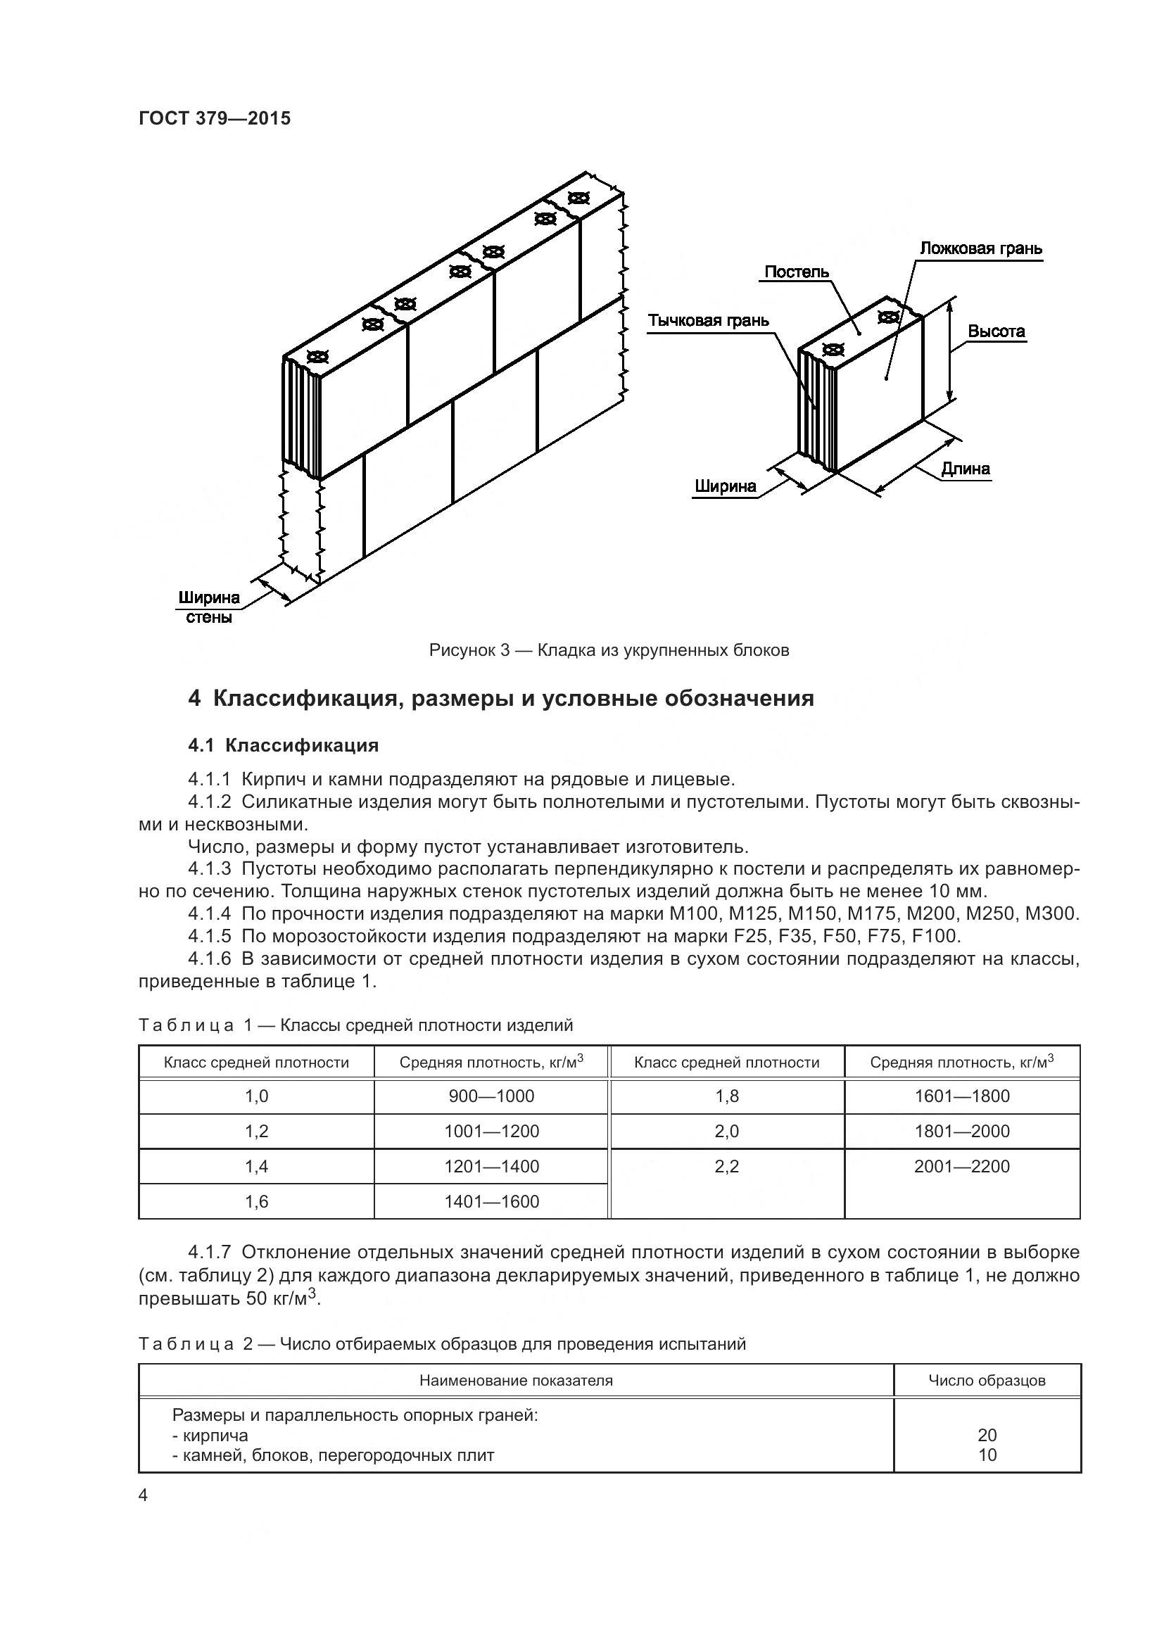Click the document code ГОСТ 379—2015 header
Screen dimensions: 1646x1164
(215, 119)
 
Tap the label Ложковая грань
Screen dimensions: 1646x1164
(980, 248)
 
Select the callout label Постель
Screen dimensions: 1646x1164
(797, 272)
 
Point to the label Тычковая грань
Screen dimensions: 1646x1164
(708, 320)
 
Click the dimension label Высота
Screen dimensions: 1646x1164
(996, 331)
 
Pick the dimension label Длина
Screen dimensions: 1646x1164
(966, 469)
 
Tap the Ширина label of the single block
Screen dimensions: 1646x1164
(725, 487)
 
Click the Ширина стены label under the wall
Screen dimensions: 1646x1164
(209, 607)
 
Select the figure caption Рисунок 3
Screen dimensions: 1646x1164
(609, 650)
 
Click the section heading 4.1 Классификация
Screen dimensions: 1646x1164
(283, 745)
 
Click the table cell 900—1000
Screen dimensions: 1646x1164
(491, 1096)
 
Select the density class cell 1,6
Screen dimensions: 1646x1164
(256, 1201)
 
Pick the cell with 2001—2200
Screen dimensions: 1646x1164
(961, 1166)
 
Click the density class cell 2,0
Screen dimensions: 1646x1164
(726, 1132)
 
